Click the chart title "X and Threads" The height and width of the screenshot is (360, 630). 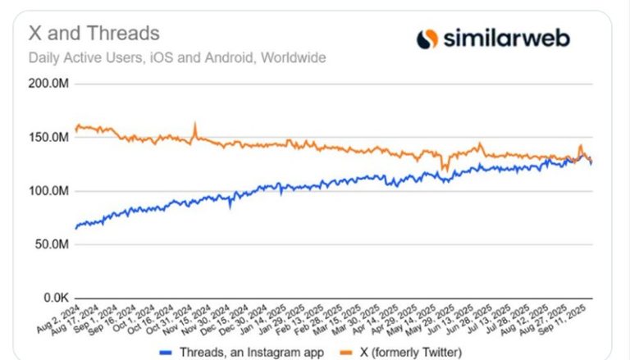(x=94, y=34)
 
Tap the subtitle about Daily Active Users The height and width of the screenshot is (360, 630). (x=177, y=58)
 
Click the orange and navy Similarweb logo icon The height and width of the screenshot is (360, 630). (x=427, y=39)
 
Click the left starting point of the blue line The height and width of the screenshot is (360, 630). (x=75, y=227)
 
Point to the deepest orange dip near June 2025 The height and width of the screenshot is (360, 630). (x=444, y=169)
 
